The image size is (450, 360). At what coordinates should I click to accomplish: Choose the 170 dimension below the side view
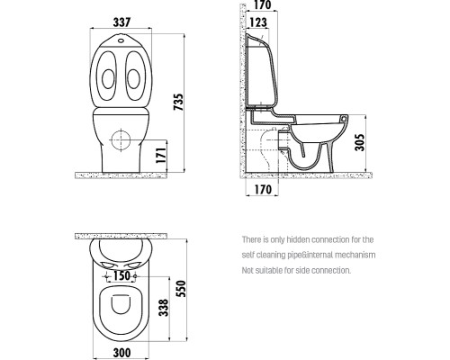(x=264, y=190)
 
